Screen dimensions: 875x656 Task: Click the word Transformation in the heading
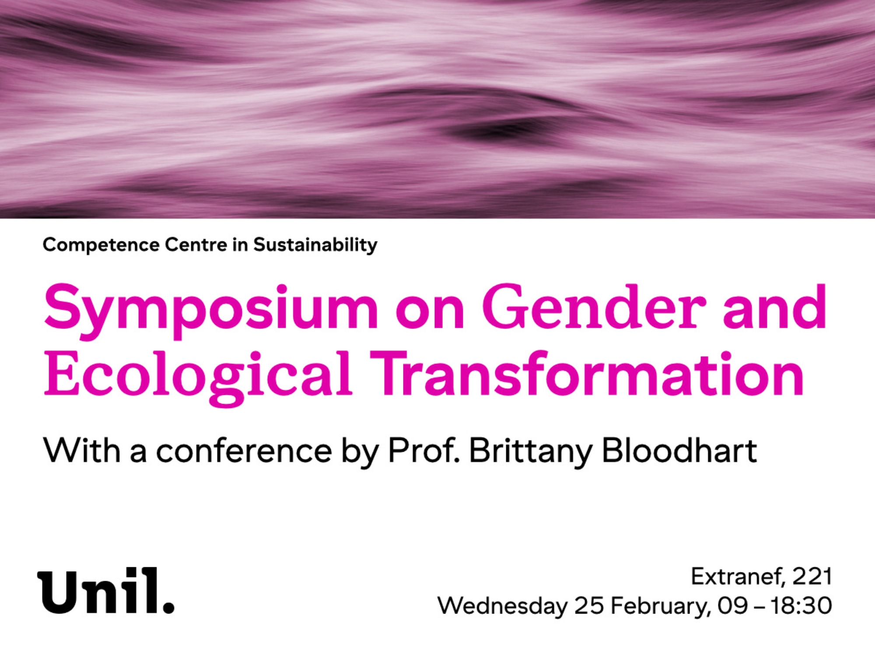click(588, 373)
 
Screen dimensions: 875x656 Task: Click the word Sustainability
click(315, 245)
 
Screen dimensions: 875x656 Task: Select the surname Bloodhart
click(679, 450)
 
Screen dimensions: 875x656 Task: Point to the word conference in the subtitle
click(244, 451)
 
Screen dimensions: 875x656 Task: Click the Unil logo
click(106, 591)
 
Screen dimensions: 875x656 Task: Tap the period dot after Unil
click(168, 607)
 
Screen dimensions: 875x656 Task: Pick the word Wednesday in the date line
click(502, 606)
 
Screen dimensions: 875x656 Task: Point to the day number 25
click(589, 606)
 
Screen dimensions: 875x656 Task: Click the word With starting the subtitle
click(82, 450)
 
